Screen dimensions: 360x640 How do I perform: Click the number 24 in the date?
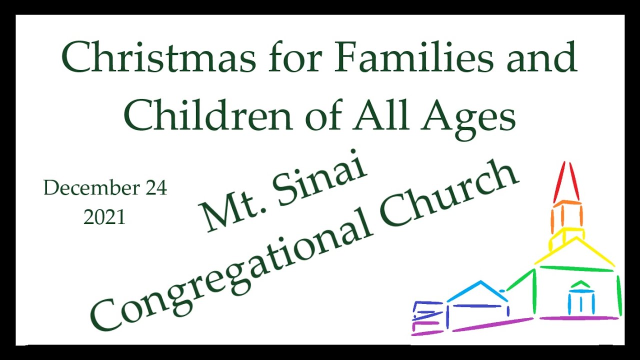tap(156, 188)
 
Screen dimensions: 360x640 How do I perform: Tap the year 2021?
tap(104, 217)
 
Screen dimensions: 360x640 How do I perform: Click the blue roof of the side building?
tap(478, 291)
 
